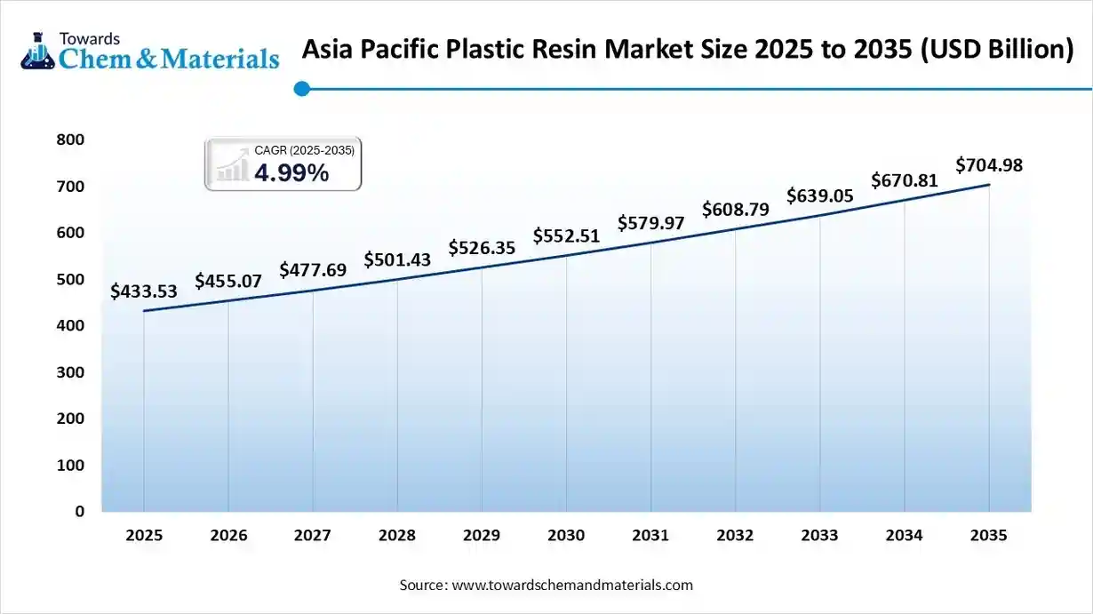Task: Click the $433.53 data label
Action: click(x=144, y=291)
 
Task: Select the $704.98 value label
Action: click(x=989, y=165)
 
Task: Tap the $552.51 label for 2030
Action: click(x=566, y=236)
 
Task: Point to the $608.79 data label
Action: click(x=735, y=210)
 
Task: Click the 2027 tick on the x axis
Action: click(x=313, y=535)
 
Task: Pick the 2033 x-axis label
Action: click(x=819, y=535)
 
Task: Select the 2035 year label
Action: click(x=989, y=535)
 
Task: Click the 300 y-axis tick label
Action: click(x=72, y=372)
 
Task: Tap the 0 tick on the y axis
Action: click(x=79, y=512)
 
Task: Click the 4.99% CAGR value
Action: click(x=291, y=173)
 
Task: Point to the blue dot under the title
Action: click(x=302, y=88)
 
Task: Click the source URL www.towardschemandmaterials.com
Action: click(x=572, y=586)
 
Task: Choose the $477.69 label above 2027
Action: click(x=313, y=270)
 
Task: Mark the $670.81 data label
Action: click(x=904, y=180)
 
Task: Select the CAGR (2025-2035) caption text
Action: click(x=304, y=150)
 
